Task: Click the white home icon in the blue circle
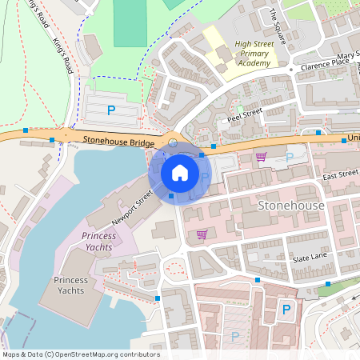point(180,173)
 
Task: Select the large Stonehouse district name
point(291,206)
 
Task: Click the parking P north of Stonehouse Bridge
point(111,108)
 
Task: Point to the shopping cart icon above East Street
point(261,157)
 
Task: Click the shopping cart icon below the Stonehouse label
point(202,234)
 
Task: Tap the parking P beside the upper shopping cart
point(289,158)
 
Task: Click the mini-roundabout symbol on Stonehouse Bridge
point(174,142)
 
